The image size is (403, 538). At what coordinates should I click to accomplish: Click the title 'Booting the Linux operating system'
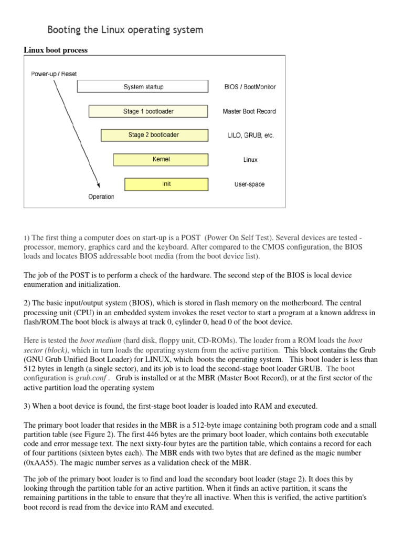(125, 30)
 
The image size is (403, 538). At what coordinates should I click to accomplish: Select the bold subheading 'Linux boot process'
(56, 50)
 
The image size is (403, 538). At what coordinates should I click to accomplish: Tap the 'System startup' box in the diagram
(143, 87)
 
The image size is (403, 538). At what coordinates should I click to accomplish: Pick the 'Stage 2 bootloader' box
(153, 135)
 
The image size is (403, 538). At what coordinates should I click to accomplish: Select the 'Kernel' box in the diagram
(162, 159)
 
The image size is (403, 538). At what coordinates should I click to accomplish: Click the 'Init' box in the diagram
(166, 184)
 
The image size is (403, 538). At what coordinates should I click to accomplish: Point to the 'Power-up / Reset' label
(53, 74)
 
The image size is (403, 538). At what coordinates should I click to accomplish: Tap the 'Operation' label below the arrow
(101, 197)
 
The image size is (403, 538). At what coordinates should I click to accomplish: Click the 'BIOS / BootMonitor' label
(250, 87)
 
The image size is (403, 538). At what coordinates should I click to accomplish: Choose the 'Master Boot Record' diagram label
(249, 111)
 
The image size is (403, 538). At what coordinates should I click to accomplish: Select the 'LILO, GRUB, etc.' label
(248, 136)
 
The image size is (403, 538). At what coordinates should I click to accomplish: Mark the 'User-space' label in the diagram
(250, 184)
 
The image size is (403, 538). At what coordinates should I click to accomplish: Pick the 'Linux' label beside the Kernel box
(250, 160)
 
